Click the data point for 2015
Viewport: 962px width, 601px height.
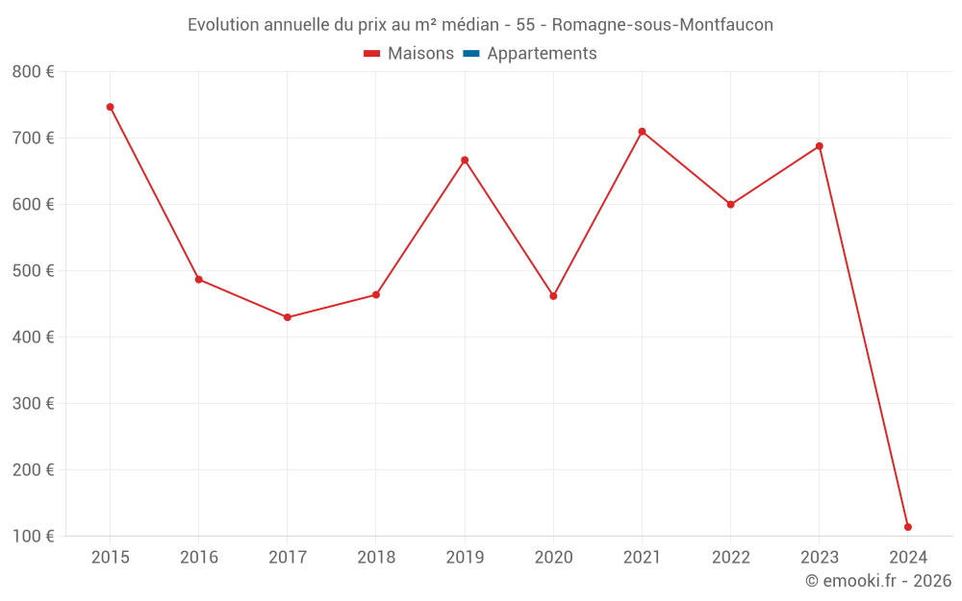(x=110, y=107)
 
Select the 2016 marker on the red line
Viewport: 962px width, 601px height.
(x=199, y=280)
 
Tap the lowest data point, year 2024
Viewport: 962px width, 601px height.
(x=908, y=527)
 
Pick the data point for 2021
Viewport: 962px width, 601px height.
(x=642, y=132)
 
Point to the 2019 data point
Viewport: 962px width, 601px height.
(x=465, y=160)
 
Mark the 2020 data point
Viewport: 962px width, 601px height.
(x=553, y=296)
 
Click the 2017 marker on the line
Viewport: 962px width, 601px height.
(x=288, y=317)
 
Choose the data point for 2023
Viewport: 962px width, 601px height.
(x=820, y=146)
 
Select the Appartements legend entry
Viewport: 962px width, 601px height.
(x=542, y=54)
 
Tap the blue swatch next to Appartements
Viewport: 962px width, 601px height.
(x=470, y=54)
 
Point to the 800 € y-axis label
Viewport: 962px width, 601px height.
(x=33, y=72)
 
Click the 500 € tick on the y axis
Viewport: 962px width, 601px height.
(x=33, y=271)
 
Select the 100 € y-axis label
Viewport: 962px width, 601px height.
(x=33, y=537)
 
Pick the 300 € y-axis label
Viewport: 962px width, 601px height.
(x=33, y=404)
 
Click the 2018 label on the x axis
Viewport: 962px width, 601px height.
(x=376, y=558)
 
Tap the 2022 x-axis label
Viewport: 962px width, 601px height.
(x=730, y=558)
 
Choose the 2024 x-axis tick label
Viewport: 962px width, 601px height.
(x=908, y=558)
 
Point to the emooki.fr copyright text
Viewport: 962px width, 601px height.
(x=878, y=581)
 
